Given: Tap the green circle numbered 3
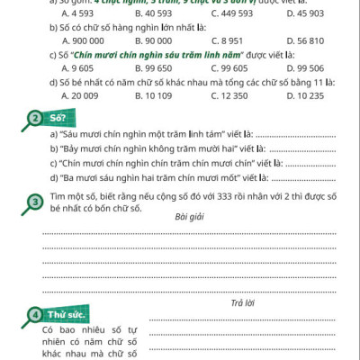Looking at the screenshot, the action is (33, 203).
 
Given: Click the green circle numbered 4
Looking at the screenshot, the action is (33, 315).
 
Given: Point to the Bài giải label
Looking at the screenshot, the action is (190, 216).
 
